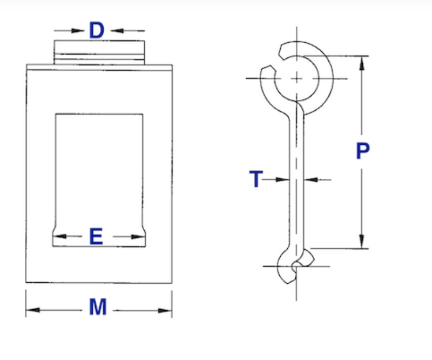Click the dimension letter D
(97, 30)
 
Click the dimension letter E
(96, 236)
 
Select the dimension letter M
(98, 307)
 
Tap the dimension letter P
(362, 151)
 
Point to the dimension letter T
(256, 179)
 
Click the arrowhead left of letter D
(77, 30)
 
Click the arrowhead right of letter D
(117, 30)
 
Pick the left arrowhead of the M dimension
(33, 310)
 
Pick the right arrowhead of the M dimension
(165, 311)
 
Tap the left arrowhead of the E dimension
(59, 236)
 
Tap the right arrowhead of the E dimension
(138, 237)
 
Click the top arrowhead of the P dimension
(362, 63)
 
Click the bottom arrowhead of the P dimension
(362, 242)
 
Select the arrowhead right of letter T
(282, 179)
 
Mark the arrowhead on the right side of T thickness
(311, 179)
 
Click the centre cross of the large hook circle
(296, 78)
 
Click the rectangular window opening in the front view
(99, 180)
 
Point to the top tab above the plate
(99, 52)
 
